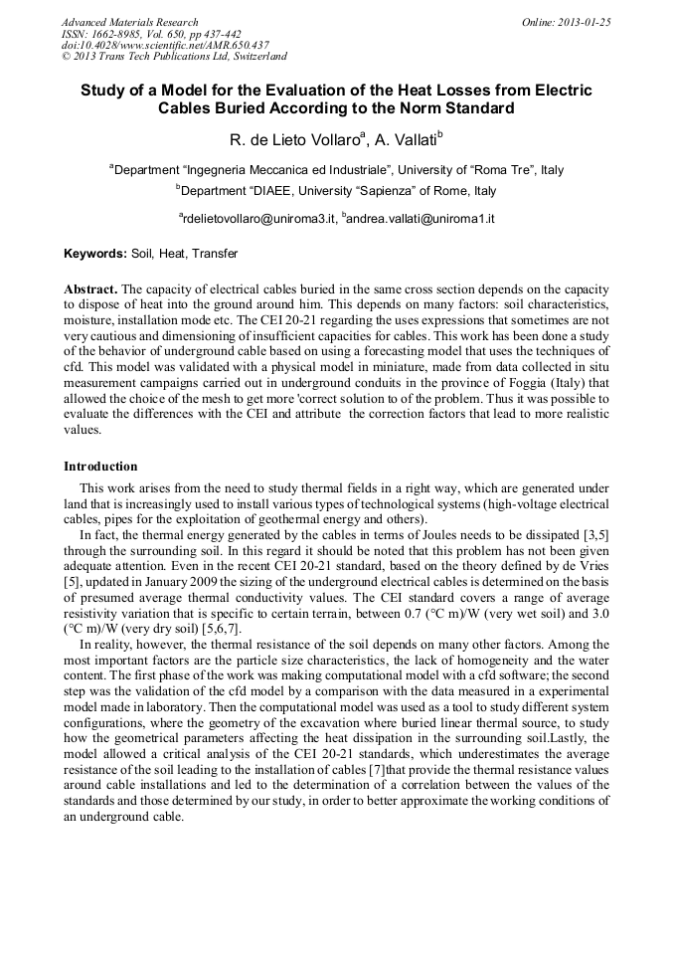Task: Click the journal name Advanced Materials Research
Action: tap(129, 22)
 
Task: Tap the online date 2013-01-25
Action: tap(581, 22)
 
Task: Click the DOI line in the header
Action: tap(165, 46)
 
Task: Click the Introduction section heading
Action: tap(100, 466)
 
